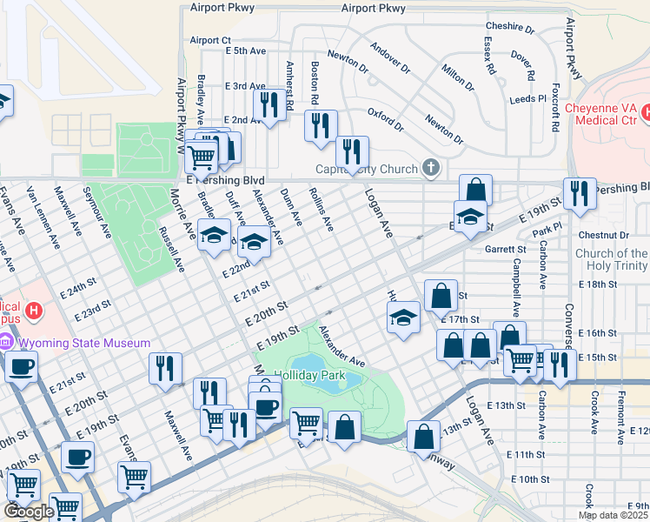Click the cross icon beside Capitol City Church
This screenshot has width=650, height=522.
[x=429, y=167]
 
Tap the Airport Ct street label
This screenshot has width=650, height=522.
[x=210, y=40]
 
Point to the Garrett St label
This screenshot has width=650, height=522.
[x=501, y=248]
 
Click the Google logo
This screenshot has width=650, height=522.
[x=29, y=512]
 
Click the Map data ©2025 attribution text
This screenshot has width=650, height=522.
[x=613, y=515]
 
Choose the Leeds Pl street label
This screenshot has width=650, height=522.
[x=521, y=100]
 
